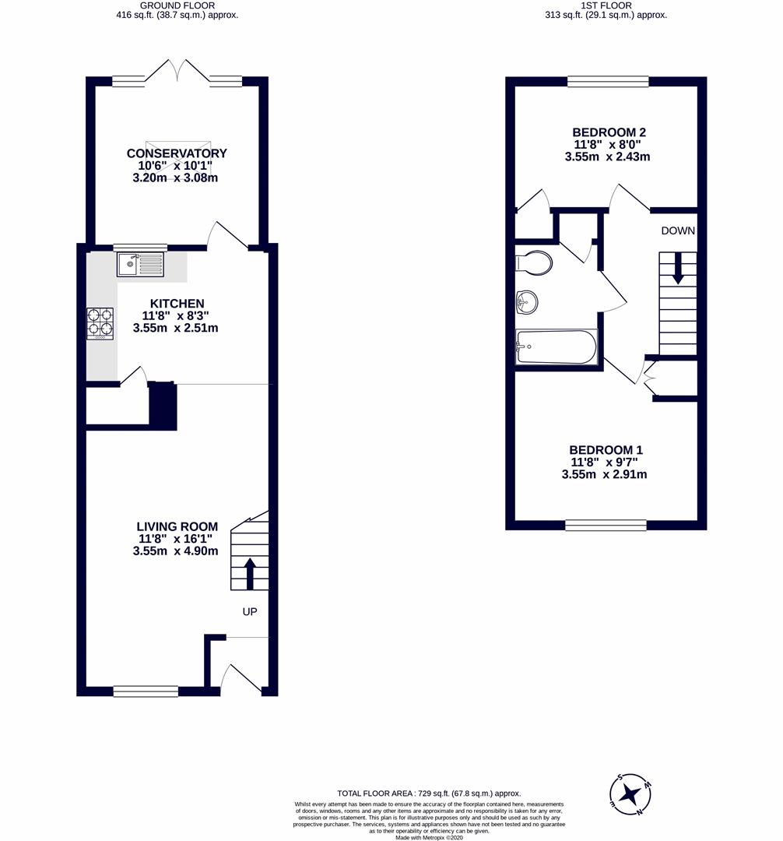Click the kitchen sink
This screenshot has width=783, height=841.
[140, 264]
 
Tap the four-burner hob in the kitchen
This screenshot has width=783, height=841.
[100, 323]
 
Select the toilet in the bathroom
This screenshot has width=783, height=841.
[534, 263]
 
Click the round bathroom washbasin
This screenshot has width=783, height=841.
[527, 302]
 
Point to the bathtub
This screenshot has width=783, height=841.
[556, 347]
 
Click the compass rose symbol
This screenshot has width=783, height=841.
[630, 794]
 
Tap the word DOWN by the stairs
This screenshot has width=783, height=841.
[678, 230]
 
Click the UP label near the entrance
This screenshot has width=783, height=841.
[250, 611]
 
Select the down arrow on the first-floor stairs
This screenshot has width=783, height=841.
[678, 268]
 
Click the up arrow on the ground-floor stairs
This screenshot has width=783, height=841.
[250, 573]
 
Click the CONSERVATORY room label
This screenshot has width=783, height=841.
[177, 153]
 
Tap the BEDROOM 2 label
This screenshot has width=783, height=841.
[609, 132]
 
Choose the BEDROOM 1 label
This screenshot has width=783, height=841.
[606, 450]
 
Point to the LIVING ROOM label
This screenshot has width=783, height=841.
[177, 526]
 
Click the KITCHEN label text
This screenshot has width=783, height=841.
[177, 304]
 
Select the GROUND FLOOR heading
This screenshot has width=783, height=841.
[177, 5]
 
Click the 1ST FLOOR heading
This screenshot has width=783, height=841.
[606, 5]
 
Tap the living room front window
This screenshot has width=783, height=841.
[146, 691]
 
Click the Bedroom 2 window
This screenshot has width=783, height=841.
[609, 82]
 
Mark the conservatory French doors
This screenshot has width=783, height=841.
[177, 71]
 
